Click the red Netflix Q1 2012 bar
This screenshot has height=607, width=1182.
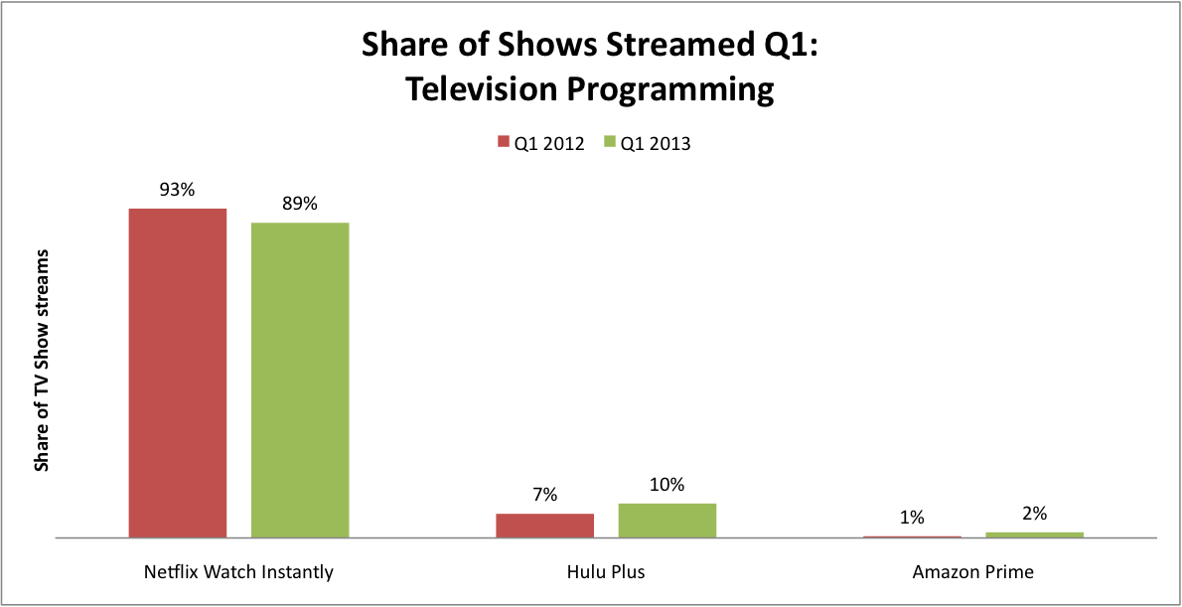click(178, 374)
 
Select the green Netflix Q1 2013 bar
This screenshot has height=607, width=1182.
click(300, 380)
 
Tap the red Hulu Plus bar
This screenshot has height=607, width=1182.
click(545, 526)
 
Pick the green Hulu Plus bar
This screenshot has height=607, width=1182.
click(667, 521)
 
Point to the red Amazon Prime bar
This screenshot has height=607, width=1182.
click(912, 536)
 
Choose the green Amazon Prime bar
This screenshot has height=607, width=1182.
click(1034, 534)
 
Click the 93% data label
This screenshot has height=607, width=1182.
click(177, 190)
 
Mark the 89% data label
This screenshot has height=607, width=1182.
click(300, 205)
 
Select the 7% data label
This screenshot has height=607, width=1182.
click(545, 496)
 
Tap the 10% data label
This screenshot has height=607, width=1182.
click(667, 485)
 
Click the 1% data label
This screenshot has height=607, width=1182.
click(912, 518)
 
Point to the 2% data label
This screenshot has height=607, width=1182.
click(1034, 514)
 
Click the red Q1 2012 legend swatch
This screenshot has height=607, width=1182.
click(504, 142)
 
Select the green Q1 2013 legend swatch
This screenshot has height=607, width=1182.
click(611, 142)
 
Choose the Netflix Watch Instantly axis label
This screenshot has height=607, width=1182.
click(238, 572)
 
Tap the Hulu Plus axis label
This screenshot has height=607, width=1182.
click(606, 572)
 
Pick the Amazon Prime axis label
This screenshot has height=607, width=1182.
click(973, 572)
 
